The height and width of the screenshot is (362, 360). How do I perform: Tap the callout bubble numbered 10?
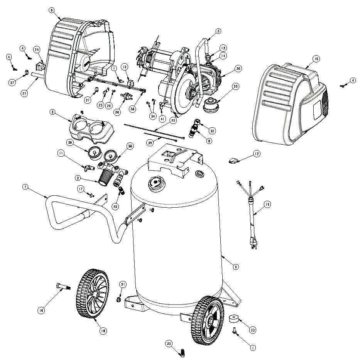[316, 59]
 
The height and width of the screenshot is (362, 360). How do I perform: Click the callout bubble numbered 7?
[25, 187]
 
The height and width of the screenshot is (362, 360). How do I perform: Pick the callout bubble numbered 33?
[252, 330]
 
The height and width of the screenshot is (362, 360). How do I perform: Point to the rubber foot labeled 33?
[234, 318]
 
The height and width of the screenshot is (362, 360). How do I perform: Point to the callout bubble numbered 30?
[238, 69]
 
